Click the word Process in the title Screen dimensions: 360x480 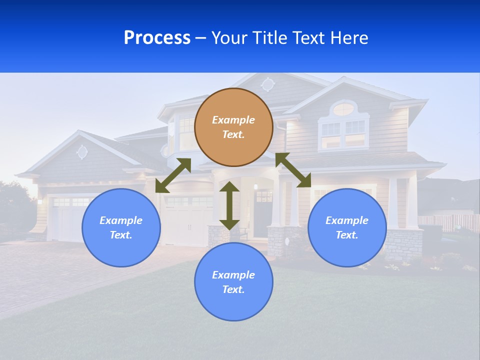point(157,38)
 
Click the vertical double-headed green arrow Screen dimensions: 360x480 point(229,205)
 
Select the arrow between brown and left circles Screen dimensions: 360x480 point(173,175)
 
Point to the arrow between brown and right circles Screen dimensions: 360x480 point(293,170)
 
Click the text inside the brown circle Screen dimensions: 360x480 point(233,127)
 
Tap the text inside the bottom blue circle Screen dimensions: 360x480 point(233,282)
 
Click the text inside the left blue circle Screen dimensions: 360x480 point(121,227)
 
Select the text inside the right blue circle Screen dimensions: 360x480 point(347,227)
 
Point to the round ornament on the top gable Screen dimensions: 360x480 point(268,84)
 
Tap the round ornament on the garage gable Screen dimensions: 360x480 point(82,151)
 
